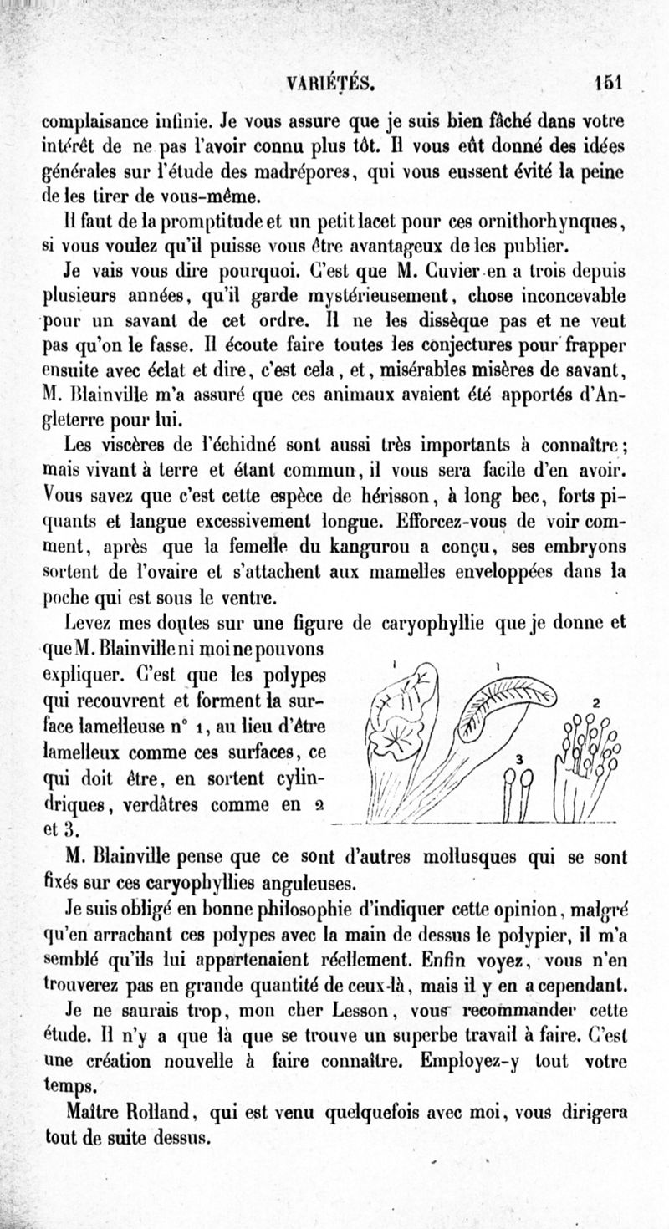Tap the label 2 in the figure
point(595,703)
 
